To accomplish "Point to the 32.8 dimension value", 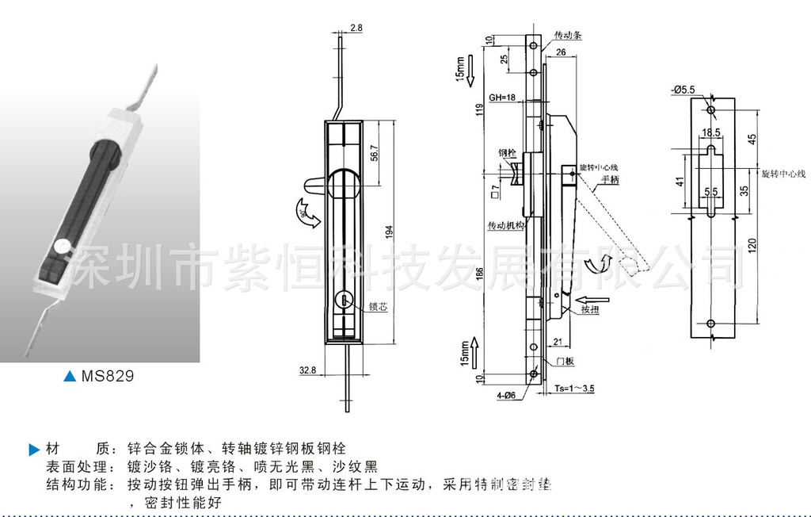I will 308,370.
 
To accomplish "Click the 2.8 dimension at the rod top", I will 356,28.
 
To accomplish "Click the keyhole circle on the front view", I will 345,300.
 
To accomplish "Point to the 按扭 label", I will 590,309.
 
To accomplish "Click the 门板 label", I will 565,362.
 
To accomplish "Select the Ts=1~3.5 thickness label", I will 575,389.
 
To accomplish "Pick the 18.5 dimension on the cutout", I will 710,132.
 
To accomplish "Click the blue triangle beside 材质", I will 33,450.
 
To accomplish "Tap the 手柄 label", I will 610,180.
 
